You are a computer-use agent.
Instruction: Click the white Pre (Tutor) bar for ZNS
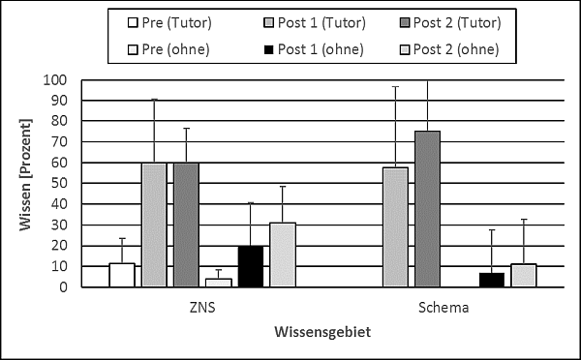tap(122, 275)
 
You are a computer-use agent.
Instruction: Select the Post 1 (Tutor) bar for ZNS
tap(154, 225)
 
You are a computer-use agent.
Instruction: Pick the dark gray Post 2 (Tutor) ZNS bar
tap(186, 225)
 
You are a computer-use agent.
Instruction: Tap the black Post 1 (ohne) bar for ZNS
tap(251, 266)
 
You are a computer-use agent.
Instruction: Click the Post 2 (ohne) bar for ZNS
tap(283, 255)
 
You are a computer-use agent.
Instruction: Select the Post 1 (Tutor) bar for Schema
tap(395, 227)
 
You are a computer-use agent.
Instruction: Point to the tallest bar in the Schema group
tap(428, 209)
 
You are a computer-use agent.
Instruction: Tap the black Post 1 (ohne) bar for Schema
tap(492, 280)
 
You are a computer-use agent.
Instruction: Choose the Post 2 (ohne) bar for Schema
tap(524, 276)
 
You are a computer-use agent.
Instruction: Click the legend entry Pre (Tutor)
tap(169, 23)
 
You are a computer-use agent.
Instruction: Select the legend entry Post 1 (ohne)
tap(314, 49)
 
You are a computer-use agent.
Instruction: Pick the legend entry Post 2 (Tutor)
tap(450, 23)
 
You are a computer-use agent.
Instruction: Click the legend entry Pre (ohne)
tap(168, 49)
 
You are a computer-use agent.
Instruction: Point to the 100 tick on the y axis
tap(55, 79)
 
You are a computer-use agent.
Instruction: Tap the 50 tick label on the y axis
tap(59, 183)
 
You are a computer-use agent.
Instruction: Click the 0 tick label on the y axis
tap(63, 287)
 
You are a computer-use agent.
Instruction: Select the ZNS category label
tap(202, 308)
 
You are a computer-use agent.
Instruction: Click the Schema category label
tap(443, 308)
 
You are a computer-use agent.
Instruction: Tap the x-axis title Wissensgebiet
tap(322, 332)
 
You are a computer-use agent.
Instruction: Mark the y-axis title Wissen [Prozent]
tap(25, 174)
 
